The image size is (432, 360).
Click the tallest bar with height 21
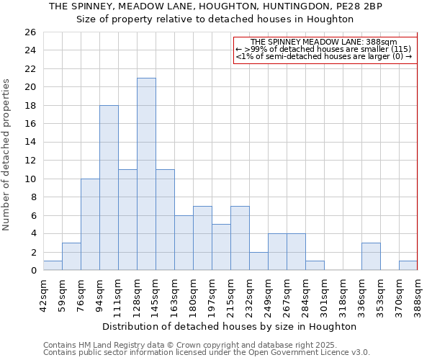(x=146, y=174)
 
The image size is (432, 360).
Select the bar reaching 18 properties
(x=109, y=188)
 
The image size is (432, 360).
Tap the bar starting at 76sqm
(x=90, y=225)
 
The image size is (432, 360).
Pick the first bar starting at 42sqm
(x=53, y=266)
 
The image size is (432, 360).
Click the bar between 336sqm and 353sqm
(x=371, y=257)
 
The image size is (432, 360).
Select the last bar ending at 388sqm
(x=408, y=266)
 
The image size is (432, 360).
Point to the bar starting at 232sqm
(x=258, y=261)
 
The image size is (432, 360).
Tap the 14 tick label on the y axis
(x=30, y=143)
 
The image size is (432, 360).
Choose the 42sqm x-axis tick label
(x=43, y=293)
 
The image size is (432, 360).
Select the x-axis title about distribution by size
(x=230, y=326)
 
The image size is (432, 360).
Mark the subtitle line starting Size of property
(x=215, y=19)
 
